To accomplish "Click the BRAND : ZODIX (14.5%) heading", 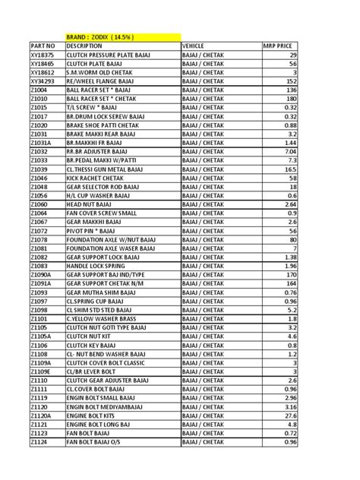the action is (105, 36).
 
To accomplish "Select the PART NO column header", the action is (43, 46).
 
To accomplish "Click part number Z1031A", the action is (41, 143).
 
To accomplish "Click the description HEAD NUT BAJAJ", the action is (92, 204).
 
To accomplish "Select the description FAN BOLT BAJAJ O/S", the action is (99, 442).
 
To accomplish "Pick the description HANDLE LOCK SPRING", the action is (102, 266).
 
